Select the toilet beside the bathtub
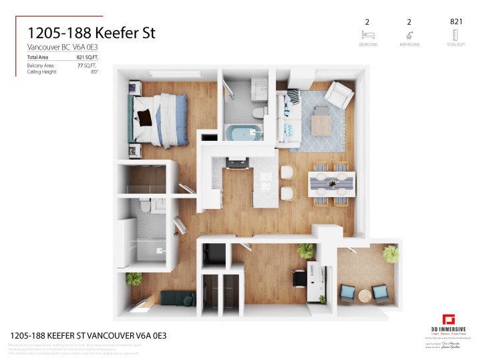[x=257, y=110]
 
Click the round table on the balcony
[x=365, y=295]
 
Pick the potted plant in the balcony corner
[x=391, y=253]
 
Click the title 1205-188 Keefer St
[x=91, y=33]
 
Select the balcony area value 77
[x=82, y=66]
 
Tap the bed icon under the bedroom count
[x=367, y=35]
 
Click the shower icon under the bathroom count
[x=409, y=35]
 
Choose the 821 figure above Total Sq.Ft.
[x=456, y=22]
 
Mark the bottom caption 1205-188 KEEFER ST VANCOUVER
[x=87, y=335]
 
